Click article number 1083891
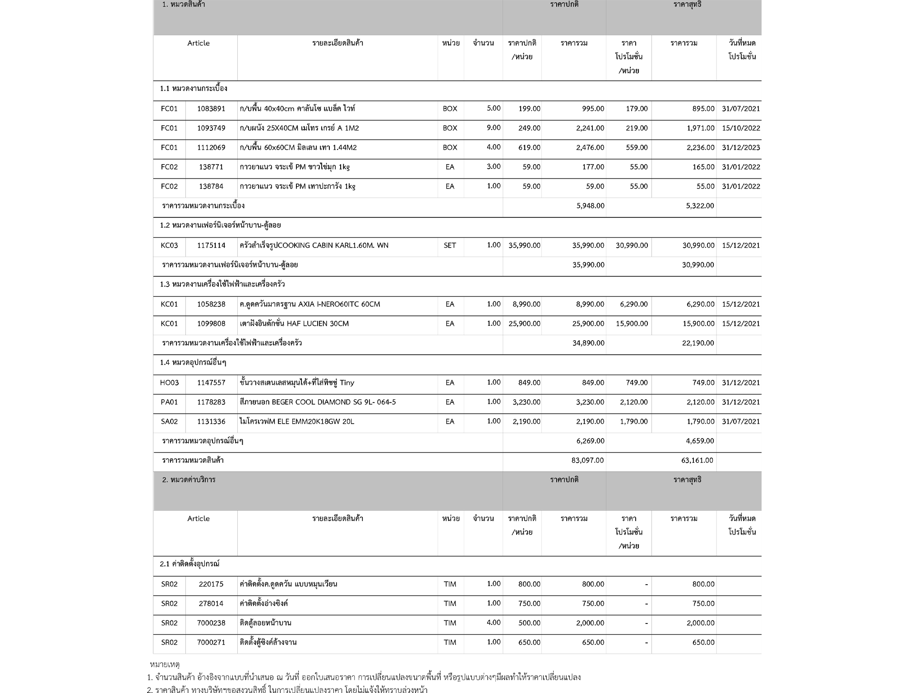tap(211, 109)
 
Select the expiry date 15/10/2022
tap(741, 128)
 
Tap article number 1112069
tap(211, 148)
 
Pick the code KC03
tap(169, 245)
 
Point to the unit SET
tap(450, 245)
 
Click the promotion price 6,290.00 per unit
tap(633, 304)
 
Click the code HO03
tap(169, 383)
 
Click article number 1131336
tap(211, 421)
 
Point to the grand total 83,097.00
tap(587, 460)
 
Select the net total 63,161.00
tap(698, 460)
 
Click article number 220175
tap(211, 584)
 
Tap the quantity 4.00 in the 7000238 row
tap(494, 623)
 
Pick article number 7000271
tap(211, 642)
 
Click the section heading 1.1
tap(194, 88)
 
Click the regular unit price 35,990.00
tap(524, 245)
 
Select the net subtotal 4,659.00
tap(699, 441)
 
